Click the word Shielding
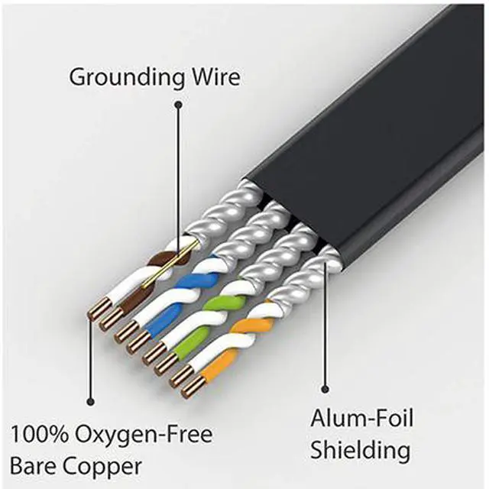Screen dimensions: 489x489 pos(361,449)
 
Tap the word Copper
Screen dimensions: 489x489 pos(103,465)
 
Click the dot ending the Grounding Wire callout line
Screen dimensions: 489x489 pos(178,106)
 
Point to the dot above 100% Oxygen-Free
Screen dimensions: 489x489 pos(90,400)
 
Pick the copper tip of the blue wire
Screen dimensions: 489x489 pos(138,344)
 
